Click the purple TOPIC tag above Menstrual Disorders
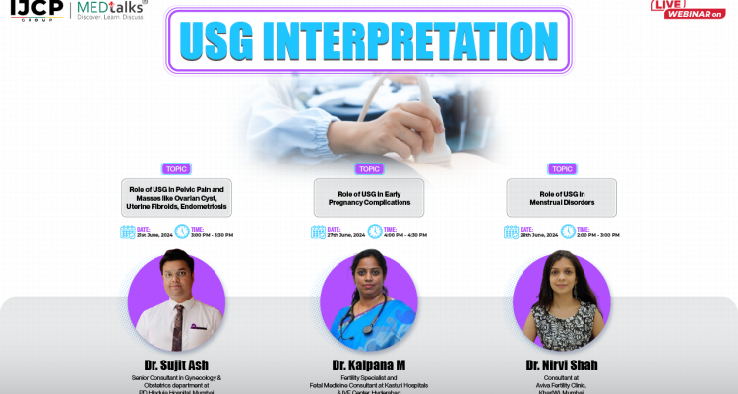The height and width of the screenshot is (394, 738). [x=561, y=168]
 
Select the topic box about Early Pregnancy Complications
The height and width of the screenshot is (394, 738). [x=369, y=197]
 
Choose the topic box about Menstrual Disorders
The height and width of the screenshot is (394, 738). [x=561, y=197]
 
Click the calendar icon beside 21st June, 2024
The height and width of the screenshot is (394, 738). [x=128, y=232]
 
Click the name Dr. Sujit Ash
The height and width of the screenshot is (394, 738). [x=176, y=364]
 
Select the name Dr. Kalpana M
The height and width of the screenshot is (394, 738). [x=369, y=364]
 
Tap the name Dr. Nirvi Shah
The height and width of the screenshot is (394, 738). [x=561, y=364]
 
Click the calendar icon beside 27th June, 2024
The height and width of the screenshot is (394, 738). [x=319, y=232]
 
